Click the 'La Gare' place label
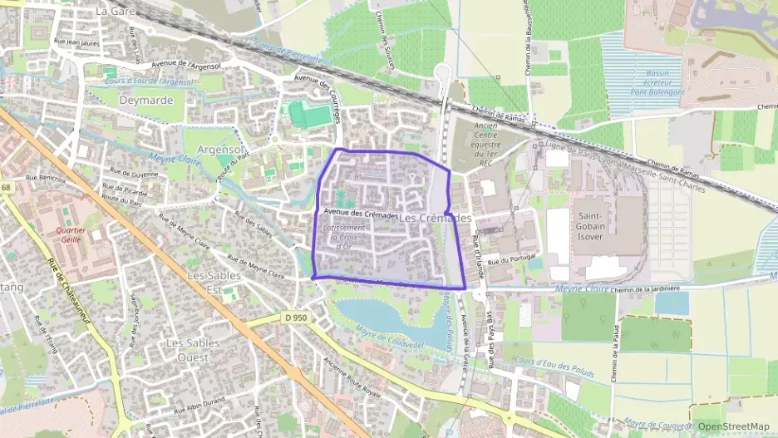click(115, 12)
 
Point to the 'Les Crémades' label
click(436, 217)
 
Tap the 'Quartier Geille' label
click(71, 234)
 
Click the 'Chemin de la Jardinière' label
click(645, 288)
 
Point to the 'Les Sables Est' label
click(214, 282)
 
